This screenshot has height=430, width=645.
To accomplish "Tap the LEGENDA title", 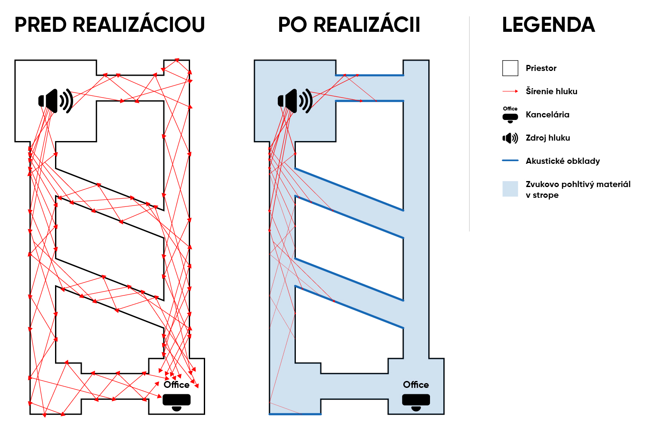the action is (x=549, y=25).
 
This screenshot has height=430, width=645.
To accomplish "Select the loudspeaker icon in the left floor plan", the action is (x=56, y=101).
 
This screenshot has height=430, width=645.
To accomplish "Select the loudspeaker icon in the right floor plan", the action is (x=295, y=101).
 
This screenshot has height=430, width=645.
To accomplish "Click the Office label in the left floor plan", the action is (x=176, y=384).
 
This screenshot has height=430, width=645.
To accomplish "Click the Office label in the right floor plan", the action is (x=416, y=384).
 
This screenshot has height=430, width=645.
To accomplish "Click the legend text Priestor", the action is (x=541, y=68).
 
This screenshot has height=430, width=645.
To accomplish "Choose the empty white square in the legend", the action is (x=510, y=68).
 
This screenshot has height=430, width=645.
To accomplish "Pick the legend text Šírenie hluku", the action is (x=551, y=91).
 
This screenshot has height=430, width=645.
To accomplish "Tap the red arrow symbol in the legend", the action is (x=510, y=91).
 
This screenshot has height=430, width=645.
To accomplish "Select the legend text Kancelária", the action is (x=547, y=115).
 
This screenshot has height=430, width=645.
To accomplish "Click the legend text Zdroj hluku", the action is (x=548, y=138).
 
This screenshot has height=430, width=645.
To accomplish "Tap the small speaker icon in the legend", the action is (x=510, y=138).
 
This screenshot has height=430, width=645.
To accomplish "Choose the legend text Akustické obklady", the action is (x=562, y=161).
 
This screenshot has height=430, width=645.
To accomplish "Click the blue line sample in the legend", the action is (x=510, y=160).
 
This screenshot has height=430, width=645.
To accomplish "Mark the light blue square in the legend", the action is (x=510, y=189).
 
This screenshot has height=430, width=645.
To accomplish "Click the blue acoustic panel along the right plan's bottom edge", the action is (x=295, y=414).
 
